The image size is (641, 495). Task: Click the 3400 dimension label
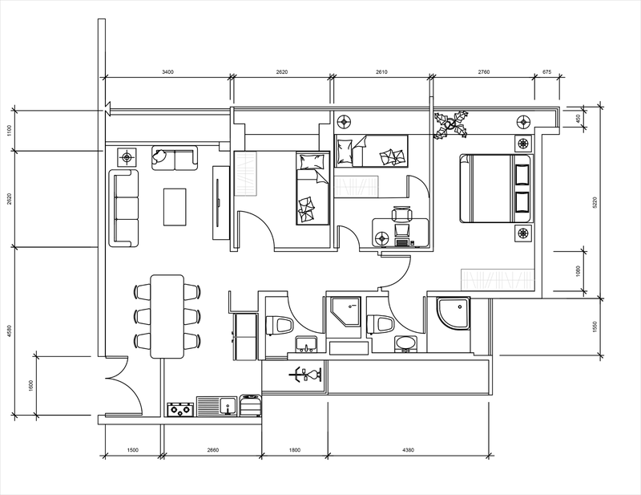point(167,72)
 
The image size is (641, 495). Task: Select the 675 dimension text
point(546,72)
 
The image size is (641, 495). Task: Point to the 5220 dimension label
point(595,202)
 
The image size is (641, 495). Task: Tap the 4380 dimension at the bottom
point(408,450)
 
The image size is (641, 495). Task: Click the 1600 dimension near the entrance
point(31,386)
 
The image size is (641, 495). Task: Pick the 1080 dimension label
point(578,271)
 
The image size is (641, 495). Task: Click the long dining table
point(167,316)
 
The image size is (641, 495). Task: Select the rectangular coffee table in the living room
point(175,207)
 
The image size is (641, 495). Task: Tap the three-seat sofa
point(123,208)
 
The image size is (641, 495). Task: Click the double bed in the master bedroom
point(496,189)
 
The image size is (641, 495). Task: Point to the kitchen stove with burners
point(180,409)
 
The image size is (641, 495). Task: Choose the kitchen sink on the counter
point(216,406)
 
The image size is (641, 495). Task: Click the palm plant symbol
point(451,124)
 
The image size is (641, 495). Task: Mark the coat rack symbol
point(305,375)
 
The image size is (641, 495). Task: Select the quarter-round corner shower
point(454,313)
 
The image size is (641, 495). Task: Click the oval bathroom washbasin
point(405,344)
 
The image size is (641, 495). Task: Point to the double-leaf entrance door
point(124,386)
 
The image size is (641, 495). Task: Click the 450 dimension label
point(578,119)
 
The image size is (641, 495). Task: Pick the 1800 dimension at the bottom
point(294,450)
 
